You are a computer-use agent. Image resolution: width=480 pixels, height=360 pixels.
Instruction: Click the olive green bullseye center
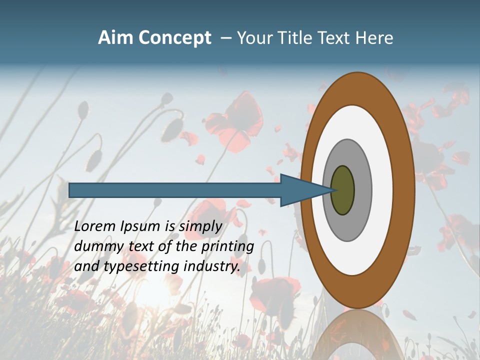coord(343,190)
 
